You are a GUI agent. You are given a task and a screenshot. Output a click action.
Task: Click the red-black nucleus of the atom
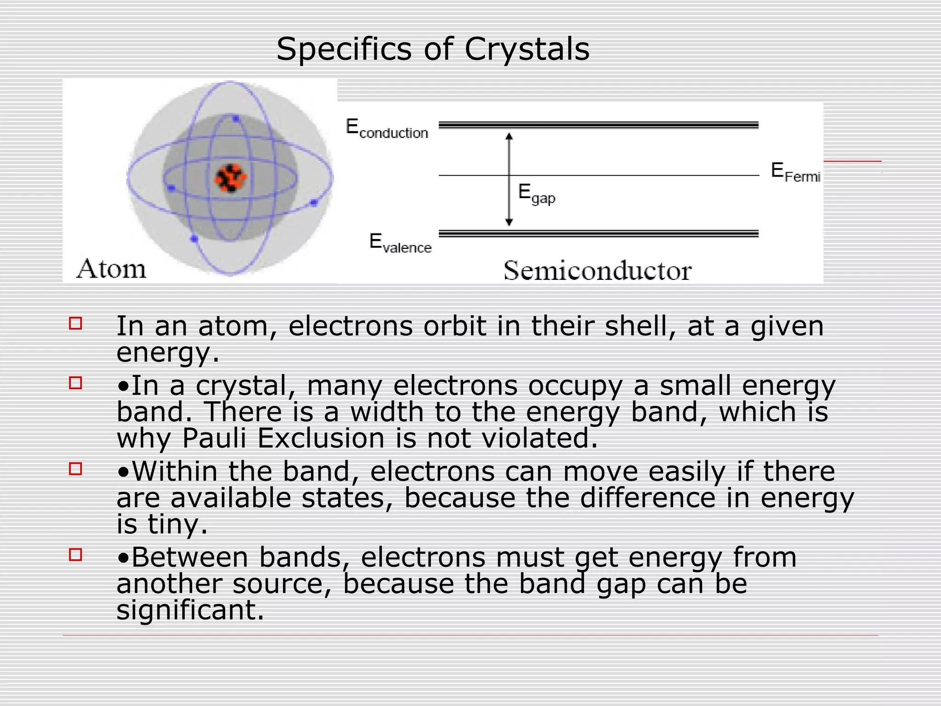click(231, 178)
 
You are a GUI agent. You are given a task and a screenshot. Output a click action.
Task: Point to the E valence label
click(400, 243)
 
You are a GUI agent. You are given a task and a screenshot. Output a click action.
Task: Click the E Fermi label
click(795, 172)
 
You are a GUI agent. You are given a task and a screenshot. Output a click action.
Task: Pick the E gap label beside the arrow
click(536, 194)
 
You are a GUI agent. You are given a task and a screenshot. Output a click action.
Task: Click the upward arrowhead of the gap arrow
click(509, 137)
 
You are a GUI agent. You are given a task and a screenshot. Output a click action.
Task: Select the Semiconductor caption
click(597, 270)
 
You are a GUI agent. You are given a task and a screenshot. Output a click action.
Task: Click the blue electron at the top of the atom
click(236, 119)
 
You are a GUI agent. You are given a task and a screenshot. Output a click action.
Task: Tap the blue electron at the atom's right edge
click(314, 202)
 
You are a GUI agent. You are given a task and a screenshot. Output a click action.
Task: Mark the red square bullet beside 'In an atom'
click(75, 323)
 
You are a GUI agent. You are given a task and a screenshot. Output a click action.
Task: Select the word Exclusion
click(320, 438)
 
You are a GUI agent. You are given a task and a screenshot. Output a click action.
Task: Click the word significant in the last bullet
click(190, 610)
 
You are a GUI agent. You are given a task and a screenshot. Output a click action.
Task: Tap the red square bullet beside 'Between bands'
click(75, 555)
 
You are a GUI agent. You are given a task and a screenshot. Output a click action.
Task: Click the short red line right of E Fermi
click(852, 161)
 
